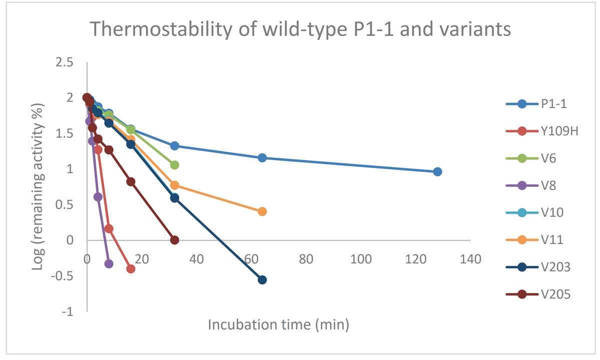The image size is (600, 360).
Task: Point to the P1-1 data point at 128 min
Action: (x=437, y=172)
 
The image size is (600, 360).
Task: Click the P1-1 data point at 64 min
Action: (x=262, y=158)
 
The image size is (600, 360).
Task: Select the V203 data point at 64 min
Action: (x=262, y=280)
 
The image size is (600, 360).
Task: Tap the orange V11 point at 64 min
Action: (x=262, y=212)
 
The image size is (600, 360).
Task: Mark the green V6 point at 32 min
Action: (x=175, y=165)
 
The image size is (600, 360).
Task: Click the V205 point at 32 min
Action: (x=175, y=240)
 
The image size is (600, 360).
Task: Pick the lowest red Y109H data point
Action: (x=131, y=269)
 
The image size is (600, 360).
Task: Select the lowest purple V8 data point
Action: (x=109, y=264)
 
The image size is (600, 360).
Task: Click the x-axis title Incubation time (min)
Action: (x=278, y=324)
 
